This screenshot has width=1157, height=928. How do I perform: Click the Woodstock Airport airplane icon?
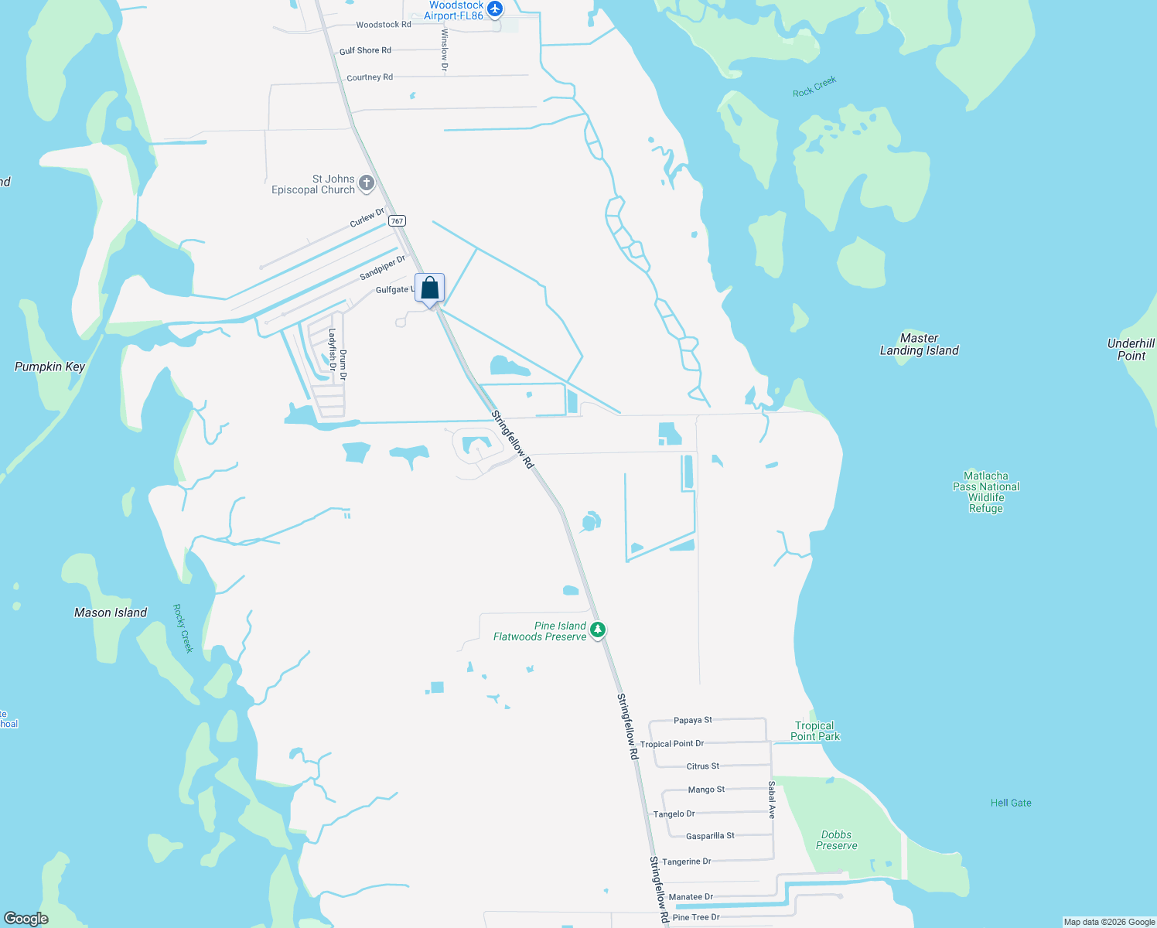pyautogui.click(x=495, y=9)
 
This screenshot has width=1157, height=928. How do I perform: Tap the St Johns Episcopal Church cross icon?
pyautogui.click(x=367, y=184)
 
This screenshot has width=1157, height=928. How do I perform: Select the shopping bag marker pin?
pyautogui.click(x=430, y=289)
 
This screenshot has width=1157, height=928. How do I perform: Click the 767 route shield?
pyautogui.click(x=397, y=221)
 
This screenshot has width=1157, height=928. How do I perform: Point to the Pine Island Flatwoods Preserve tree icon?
pyautogui.click(x=597, y=630)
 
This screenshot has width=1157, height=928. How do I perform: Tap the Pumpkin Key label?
pyautogui.click(x=49, y=367)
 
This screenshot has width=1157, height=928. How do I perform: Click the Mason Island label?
pyautogui.click(x=111, y=612)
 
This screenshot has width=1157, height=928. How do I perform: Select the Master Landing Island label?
pyautogui.click(x=919, y=344)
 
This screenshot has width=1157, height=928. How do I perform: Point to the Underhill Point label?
pyautogui.click(x=1131, y=350)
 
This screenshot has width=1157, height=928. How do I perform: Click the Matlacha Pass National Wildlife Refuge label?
pyautogui.click(x=986, y=492)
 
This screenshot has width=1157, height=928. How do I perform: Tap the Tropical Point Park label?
pyautogui.click(x=814, y=731)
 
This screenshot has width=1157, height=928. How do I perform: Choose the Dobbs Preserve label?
pyautogui.click(x=836, y=840)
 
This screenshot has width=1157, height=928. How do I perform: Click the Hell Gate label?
pyautogui.click(x=1011, y=803)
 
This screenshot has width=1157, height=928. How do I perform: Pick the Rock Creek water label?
pyautogui.click(x=814, y=87)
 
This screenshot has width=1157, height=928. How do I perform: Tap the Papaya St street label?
pyautogui.click(x=692, y=720)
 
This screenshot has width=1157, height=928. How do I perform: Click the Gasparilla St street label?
pyautogui.click(x=710, y=836)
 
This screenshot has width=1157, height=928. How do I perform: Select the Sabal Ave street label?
pyautogui.click(x=772, y=800)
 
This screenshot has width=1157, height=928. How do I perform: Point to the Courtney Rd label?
pyautogui.click(x=370, y=77)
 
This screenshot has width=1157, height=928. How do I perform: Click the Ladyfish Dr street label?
pyautogui.click(x=333, y=350)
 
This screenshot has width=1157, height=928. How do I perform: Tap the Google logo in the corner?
pyautogui.click(x=26, y=918)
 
